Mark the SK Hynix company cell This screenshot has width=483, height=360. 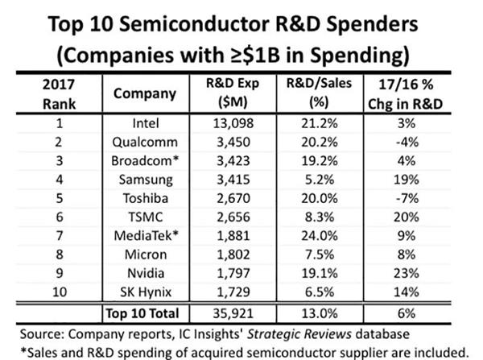pyautogui.click(x=144, y=292)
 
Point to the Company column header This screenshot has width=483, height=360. pyautogui.click(x=144, y=94)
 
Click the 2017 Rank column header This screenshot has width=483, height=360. pyautogui.click(x=60, y=94)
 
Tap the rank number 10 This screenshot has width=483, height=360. pyautogui.click(x=59, y=292)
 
